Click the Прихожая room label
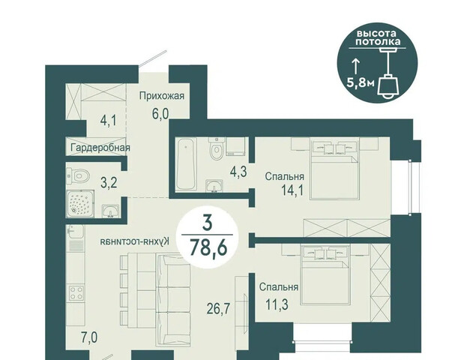tap(162, 96)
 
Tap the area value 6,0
tap(160, 114)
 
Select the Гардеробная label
tap(100, 148)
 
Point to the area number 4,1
tap(108, 121)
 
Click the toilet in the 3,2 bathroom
tap(79, 175)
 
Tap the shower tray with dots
tap(80, 203)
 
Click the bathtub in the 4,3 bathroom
tap(186, 163)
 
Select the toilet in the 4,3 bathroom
tap(216, 148)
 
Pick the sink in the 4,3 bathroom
tap(214, 186)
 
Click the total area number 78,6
tap(208, 247)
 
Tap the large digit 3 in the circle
tap(207, 223)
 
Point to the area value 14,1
tap(292, 190)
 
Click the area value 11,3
tap(277, 304)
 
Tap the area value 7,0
tap(89, 338)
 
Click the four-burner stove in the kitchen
tap(76, 292)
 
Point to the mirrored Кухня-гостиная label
tap(135, 241)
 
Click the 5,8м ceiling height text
tap(361, 82)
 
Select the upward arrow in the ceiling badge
tap(355, 66)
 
